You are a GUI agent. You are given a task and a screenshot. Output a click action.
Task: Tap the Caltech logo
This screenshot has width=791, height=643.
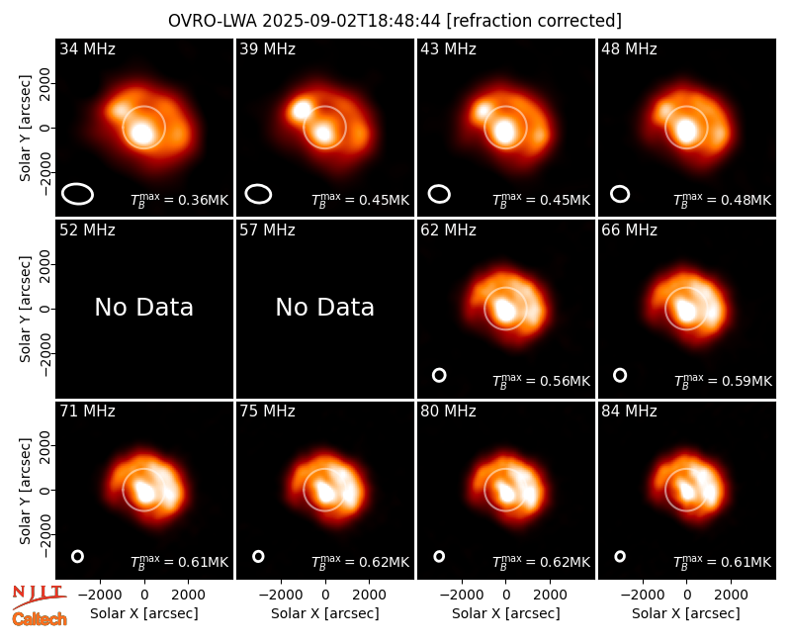click(x=40, y=619)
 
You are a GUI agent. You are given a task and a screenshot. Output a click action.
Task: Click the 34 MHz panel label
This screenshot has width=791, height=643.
click(x=87, y=48)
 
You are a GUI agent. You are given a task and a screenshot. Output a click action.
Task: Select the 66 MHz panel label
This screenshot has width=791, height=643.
click(x=629, y=230)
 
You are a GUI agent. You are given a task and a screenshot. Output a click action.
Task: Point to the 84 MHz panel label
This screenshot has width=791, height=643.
click(x=629, y=412)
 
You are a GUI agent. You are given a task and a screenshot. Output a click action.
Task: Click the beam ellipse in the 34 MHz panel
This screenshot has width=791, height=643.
click(x=78, y=194)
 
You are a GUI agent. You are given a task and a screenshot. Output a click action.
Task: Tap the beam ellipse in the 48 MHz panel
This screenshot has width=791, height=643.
click(x=620, y=194)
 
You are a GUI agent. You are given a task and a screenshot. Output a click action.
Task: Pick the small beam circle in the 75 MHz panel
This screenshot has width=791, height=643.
click(x=258, y=556)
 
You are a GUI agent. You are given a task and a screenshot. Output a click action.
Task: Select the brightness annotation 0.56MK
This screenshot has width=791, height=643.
click(x=565, y=381)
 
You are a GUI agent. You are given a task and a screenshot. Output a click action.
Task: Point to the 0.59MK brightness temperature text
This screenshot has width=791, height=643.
click(x=747, y=381)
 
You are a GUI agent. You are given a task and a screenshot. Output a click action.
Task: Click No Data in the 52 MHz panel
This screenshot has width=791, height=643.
click(x=143, y=307)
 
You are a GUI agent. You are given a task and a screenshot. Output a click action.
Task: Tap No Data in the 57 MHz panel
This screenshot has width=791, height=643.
click(x=325, y=307)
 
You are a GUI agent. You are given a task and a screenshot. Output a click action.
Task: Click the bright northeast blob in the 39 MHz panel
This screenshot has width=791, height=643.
click(x=302, y=111)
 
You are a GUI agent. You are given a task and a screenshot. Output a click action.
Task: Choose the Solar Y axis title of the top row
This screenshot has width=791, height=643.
click(x=26, y=129)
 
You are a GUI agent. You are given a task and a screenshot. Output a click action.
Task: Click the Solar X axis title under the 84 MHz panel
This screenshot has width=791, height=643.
click(x=686, y=613)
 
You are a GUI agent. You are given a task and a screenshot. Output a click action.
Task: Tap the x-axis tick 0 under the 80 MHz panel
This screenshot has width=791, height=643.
click(x=506, y=595)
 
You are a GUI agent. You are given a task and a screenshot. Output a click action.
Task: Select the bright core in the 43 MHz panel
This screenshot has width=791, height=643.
click(x=504, y=131)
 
